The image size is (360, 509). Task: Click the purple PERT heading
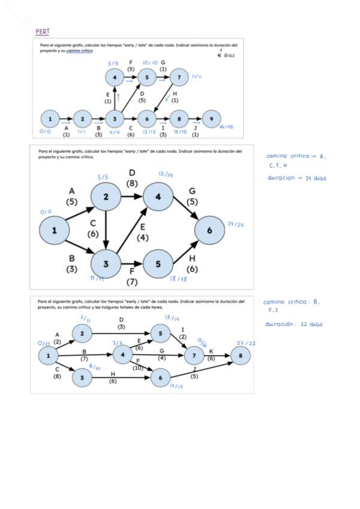pos(43,31)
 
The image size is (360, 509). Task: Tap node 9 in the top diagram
pos(211,118)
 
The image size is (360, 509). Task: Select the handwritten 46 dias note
pos(225,55)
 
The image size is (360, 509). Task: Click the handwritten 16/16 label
pos(226,127)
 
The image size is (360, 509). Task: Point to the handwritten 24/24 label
pos(236,224)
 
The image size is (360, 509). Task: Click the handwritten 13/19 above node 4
pos(166,174)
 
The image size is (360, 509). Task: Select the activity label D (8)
pos(133,179)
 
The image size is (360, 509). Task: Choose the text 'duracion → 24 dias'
pos(297,178)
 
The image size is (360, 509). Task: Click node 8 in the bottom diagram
pos(240,355)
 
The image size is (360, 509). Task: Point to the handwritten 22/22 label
pos(246,343)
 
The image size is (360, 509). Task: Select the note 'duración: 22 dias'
pos(294,324)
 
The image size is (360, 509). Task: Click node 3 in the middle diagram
pos(106,263)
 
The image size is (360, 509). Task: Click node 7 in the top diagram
pos(178,77)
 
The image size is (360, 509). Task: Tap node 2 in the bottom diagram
pos(82,333)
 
